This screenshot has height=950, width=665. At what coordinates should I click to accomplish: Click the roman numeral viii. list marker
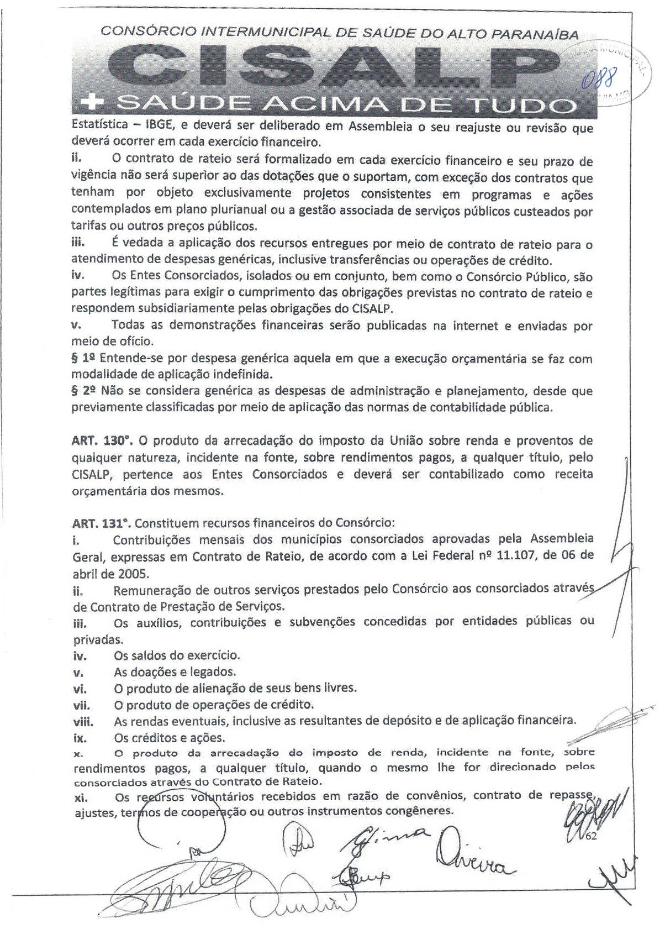[x=83, y=721]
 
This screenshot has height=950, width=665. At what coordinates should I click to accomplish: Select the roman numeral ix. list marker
[x=81, y=738]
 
